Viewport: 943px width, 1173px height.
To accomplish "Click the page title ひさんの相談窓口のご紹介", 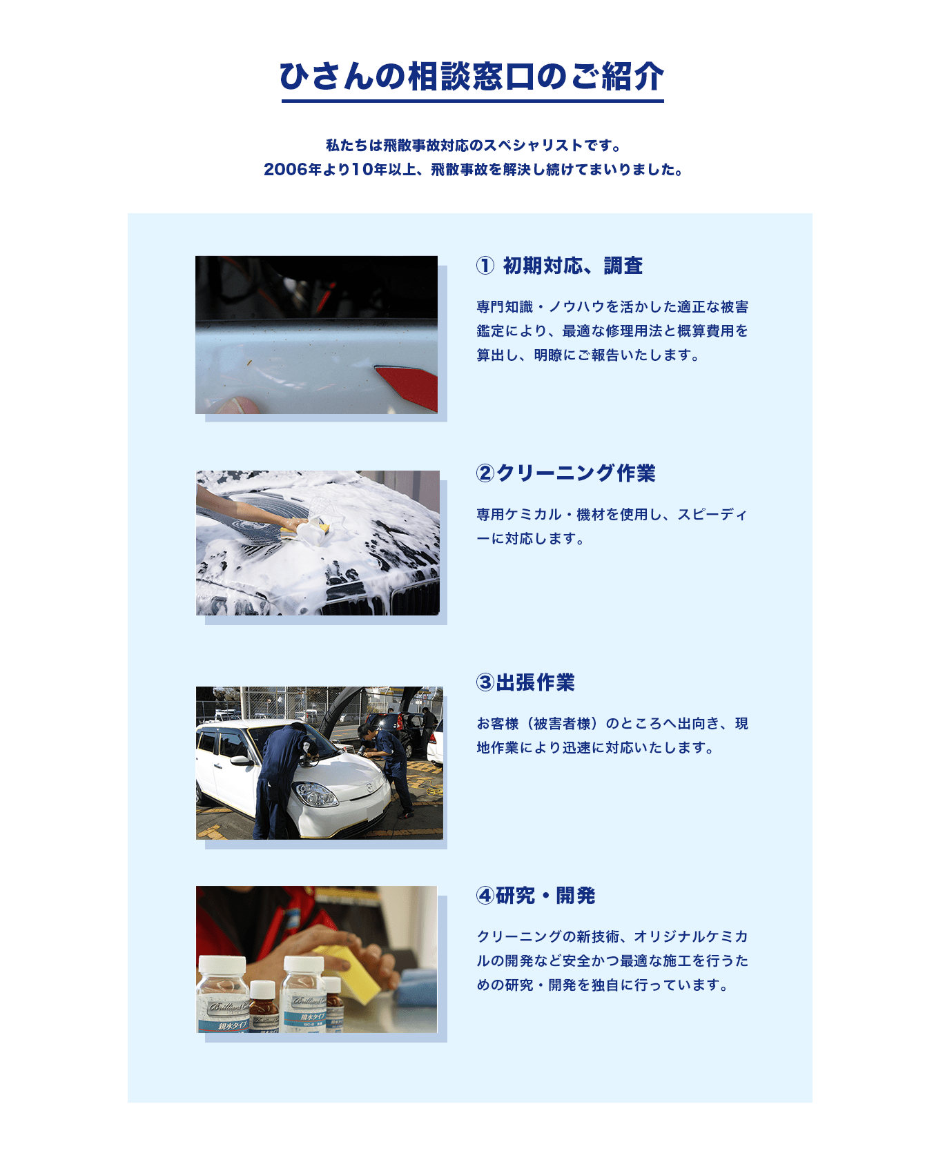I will point(471,77).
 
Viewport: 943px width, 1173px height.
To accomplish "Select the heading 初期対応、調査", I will point(572,266).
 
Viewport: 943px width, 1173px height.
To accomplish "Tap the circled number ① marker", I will point(485,266).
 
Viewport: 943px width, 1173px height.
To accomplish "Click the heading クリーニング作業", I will point(576,473).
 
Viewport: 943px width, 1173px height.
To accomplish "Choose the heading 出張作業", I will point(535,682).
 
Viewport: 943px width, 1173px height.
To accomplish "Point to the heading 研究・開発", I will point(545,896).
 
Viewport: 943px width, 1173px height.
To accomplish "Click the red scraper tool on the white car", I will point(410,385).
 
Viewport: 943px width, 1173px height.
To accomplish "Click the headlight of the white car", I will point(316,795).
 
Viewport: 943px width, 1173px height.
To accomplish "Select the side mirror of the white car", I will point(241,760).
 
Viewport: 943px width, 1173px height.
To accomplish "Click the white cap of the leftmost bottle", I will point(222,964).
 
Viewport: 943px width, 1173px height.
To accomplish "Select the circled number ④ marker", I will point(485,896).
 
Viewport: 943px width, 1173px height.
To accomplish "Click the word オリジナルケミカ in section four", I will point(691,937).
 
